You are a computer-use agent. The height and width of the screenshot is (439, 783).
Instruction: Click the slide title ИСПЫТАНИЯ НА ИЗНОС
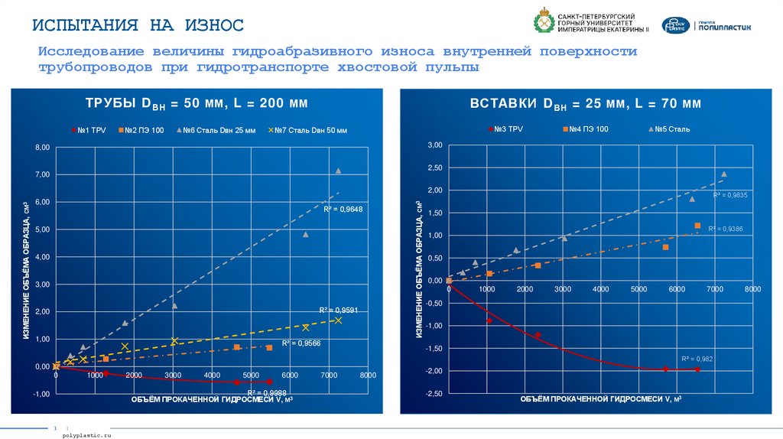click(138, 25)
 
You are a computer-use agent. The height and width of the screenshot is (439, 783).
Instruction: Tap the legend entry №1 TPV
click(89, 130)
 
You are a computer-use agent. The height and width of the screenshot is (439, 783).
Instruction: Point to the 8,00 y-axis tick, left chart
click(40, 147)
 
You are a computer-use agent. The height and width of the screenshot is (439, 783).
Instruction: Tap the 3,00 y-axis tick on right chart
click(434, 145)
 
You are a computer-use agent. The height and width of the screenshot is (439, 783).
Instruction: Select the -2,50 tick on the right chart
click(434, 393)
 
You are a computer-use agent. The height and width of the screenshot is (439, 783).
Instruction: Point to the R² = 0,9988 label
click(262, 392)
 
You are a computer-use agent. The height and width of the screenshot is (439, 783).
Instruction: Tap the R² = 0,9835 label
click(729, 195)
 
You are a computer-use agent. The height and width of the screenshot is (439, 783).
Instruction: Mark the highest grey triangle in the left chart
click(338, 171)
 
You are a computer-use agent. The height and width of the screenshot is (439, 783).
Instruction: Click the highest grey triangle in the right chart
click(723, 174)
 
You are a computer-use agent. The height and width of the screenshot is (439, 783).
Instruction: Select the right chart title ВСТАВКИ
click(585, 103)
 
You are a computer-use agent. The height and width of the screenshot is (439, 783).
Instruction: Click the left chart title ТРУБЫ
click(196, 103)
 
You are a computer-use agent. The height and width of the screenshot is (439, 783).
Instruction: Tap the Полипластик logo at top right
click(707, 26)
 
